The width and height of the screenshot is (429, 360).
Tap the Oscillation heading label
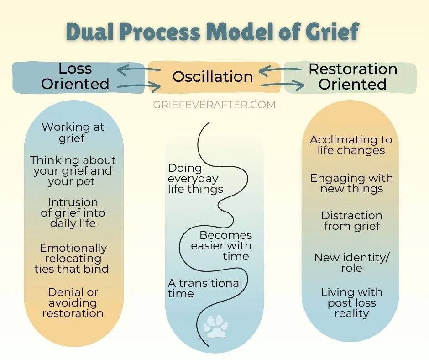pos(212,76)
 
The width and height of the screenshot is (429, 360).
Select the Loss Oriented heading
pos(75,76)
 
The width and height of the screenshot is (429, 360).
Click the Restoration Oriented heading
pos(353,76)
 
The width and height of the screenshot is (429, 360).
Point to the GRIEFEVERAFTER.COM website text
pos(214,105)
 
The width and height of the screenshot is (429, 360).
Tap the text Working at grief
pos(73,132)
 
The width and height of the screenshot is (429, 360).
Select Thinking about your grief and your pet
pos(73,171)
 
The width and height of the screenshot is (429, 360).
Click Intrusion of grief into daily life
pos(73,212)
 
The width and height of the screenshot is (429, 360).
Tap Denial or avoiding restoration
pos(73,302)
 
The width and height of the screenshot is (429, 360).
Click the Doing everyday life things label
pos(195,178)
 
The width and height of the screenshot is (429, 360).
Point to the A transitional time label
pos(204,288)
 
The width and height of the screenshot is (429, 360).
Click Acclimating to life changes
pos(351,145)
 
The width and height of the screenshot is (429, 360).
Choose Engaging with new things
pos(351,183)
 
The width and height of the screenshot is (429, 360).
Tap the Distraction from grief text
pos(351,221)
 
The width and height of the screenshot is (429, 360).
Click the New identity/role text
pos(351,263)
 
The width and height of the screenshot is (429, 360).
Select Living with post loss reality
pos(351,303)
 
